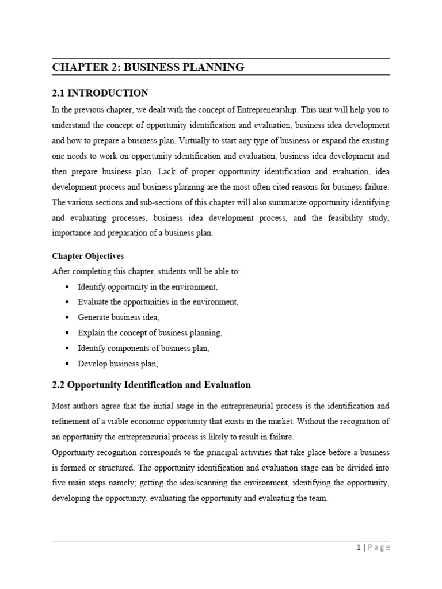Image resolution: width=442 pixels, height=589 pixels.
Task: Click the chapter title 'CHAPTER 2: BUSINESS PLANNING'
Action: pos(148,67)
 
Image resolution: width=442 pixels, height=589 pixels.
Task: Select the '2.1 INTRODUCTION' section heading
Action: pos(100,93)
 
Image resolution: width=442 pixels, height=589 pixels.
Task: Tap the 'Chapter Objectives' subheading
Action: pos(87,256)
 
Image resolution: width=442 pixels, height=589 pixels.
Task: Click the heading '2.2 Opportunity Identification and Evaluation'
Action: pos(151,384)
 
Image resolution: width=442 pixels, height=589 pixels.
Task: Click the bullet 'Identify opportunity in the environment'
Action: pos(148,286)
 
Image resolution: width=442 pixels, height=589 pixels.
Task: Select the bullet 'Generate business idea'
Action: pos(119,317)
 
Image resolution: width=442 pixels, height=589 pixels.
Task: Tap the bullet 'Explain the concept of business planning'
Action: pos(150,332)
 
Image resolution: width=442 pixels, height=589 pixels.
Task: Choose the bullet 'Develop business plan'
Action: pos(118,364)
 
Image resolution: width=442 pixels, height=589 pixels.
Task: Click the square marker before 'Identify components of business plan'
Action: pos(67,348)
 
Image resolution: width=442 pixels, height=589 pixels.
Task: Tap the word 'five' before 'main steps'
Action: pos(59,483)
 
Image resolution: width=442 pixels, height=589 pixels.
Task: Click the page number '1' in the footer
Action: pos(358,548)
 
